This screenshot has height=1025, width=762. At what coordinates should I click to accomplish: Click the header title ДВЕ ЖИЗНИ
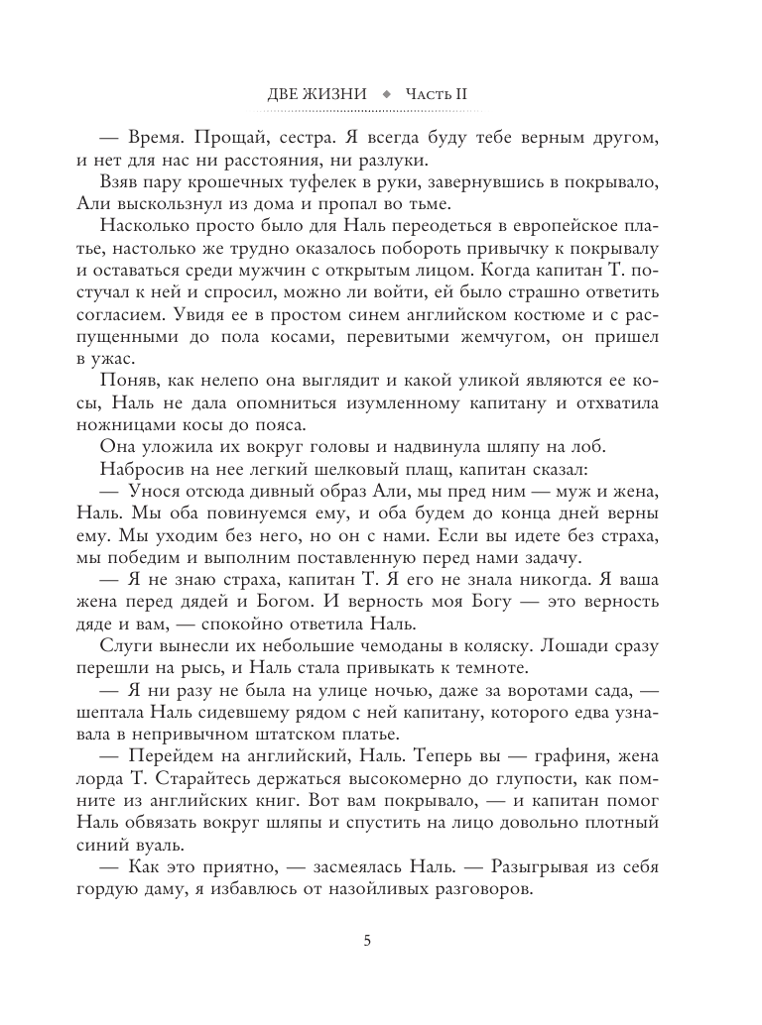click(x=317, y=94)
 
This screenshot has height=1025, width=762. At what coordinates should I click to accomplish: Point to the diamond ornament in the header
click(x=386, y=94)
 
